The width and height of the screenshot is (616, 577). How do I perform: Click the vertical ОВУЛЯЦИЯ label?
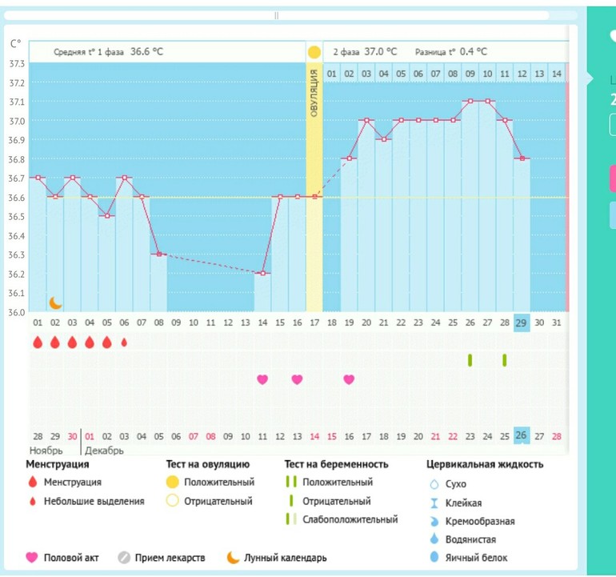[x=314, y=94]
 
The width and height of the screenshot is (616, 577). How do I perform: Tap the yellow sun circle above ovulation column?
[x=314, y=52]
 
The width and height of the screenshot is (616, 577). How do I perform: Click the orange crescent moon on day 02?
[x=55, y=303]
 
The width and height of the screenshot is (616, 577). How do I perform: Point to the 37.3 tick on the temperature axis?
[x=16, y=63]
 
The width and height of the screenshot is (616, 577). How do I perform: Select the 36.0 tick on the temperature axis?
[x=16, y=312]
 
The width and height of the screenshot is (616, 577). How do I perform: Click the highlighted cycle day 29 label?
[x=522, y=322]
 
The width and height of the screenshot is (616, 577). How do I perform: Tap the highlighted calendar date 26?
[x=522, y=436]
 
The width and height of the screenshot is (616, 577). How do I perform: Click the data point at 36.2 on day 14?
[x=262, y=274]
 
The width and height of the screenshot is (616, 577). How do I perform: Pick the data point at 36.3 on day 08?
[x=158, y=254]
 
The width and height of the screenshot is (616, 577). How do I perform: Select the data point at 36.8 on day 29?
[x=522, y=158]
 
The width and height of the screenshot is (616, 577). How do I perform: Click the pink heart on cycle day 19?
[x=349, y=379]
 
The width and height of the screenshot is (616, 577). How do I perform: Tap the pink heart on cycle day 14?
[x=262, y=379]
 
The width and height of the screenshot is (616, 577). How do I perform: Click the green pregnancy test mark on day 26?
[x=470, y=360]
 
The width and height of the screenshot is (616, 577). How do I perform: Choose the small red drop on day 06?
[x=124, y=343]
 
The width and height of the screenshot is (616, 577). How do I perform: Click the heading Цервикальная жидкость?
[x=484, y=464]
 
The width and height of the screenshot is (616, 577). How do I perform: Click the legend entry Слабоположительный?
[x=350, y=519]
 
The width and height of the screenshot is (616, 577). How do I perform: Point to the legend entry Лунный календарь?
[x=286, y=558]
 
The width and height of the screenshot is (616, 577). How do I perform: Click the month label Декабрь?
[x=105, y=451]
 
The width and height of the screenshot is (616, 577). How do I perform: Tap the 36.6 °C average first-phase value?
[x=146, y=52]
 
